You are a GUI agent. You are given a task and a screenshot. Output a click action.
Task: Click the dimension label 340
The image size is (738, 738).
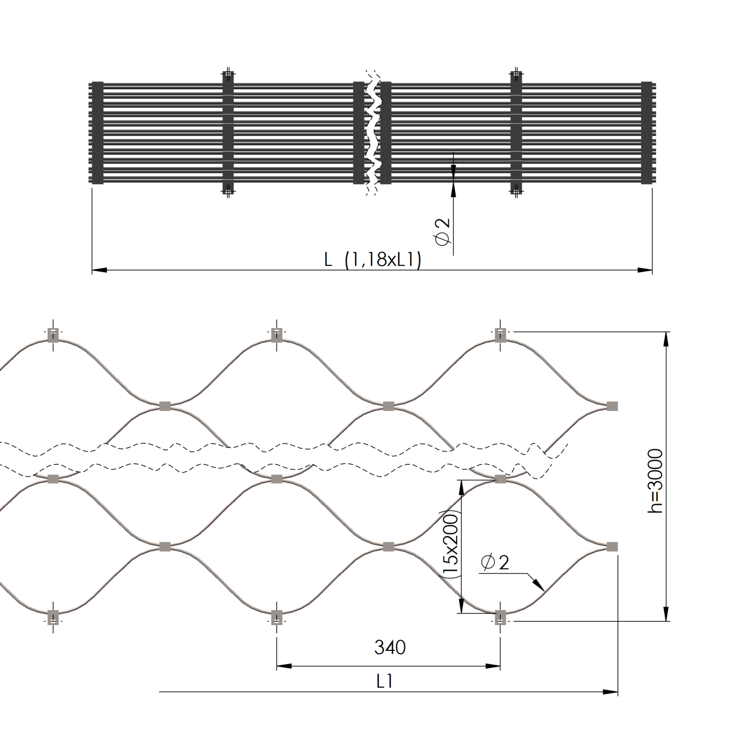389,647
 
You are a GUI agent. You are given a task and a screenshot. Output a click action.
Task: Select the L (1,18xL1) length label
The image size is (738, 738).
373,260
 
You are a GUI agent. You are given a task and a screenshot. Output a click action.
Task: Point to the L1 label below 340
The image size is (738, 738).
385,681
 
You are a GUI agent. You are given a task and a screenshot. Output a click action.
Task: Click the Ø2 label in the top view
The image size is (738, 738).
442,231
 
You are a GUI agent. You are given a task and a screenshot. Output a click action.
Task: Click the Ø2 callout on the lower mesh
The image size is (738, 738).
495,562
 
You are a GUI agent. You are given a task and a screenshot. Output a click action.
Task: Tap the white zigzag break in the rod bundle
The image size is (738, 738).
373,132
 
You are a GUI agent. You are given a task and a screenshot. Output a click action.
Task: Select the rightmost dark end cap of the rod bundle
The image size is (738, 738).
647,133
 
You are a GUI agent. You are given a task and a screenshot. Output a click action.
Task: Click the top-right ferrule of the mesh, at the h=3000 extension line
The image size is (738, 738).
500,335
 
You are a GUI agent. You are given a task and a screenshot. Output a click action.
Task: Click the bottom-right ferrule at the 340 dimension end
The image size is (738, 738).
500,617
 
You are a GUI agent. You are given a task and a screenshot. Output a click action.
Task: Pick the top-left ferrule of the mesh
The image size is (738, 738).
53,335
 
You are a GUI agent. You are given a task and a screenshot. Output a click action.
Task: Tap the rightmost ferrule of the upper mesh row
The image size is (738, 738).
612,406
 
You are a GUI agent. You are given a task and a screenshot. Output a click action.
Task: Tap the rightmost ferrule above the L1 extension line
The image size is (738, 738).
612,547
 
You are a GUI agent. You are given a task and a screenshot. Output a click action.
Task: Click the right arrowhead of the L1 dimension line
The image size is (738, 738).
611,692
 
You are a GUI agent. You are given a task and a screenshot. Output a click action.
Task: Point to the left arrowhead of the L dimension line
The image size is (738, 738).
99,270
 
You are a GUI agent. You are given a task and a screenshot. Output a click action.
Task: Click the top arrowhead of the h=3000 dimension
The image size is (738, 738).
666,339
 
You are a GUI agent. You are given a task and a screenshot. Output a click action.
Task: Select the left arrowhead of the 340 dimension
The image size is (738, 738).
283,666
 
